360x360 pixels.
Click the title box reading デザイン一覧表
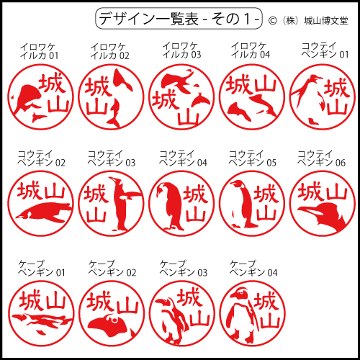(x=179, y=19)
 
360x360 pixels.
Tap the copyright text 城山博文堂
(x=326, y=21)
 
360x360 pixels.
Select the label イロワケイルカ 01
(x=40, y=51)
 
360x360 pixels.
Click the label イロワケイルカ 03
(x=181, y=50)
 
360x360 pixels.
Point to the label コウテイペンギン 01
(x=325, y=50)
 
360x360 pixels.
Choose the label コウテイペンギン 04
(x=183, y=158)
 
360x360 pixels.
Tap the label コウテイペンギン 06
(x=321, y=158)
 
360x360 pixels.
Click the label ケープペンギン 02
(x=112, y=269)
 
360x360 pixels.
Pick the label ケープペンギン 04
(x=253, y=269)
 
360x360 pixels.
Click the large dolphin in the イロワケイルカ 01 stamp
(x=27, y=99)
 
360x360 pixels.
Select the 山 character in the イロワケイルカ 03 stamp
(x=189, y=117)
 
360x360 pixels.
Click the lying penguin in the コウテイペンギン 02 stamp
(x=45, y=212)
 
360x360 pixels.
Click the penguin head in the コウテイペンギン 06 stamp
(x=323, y=215)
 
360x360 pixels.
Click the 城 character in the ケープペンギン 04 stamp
(x=266, y=300)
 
